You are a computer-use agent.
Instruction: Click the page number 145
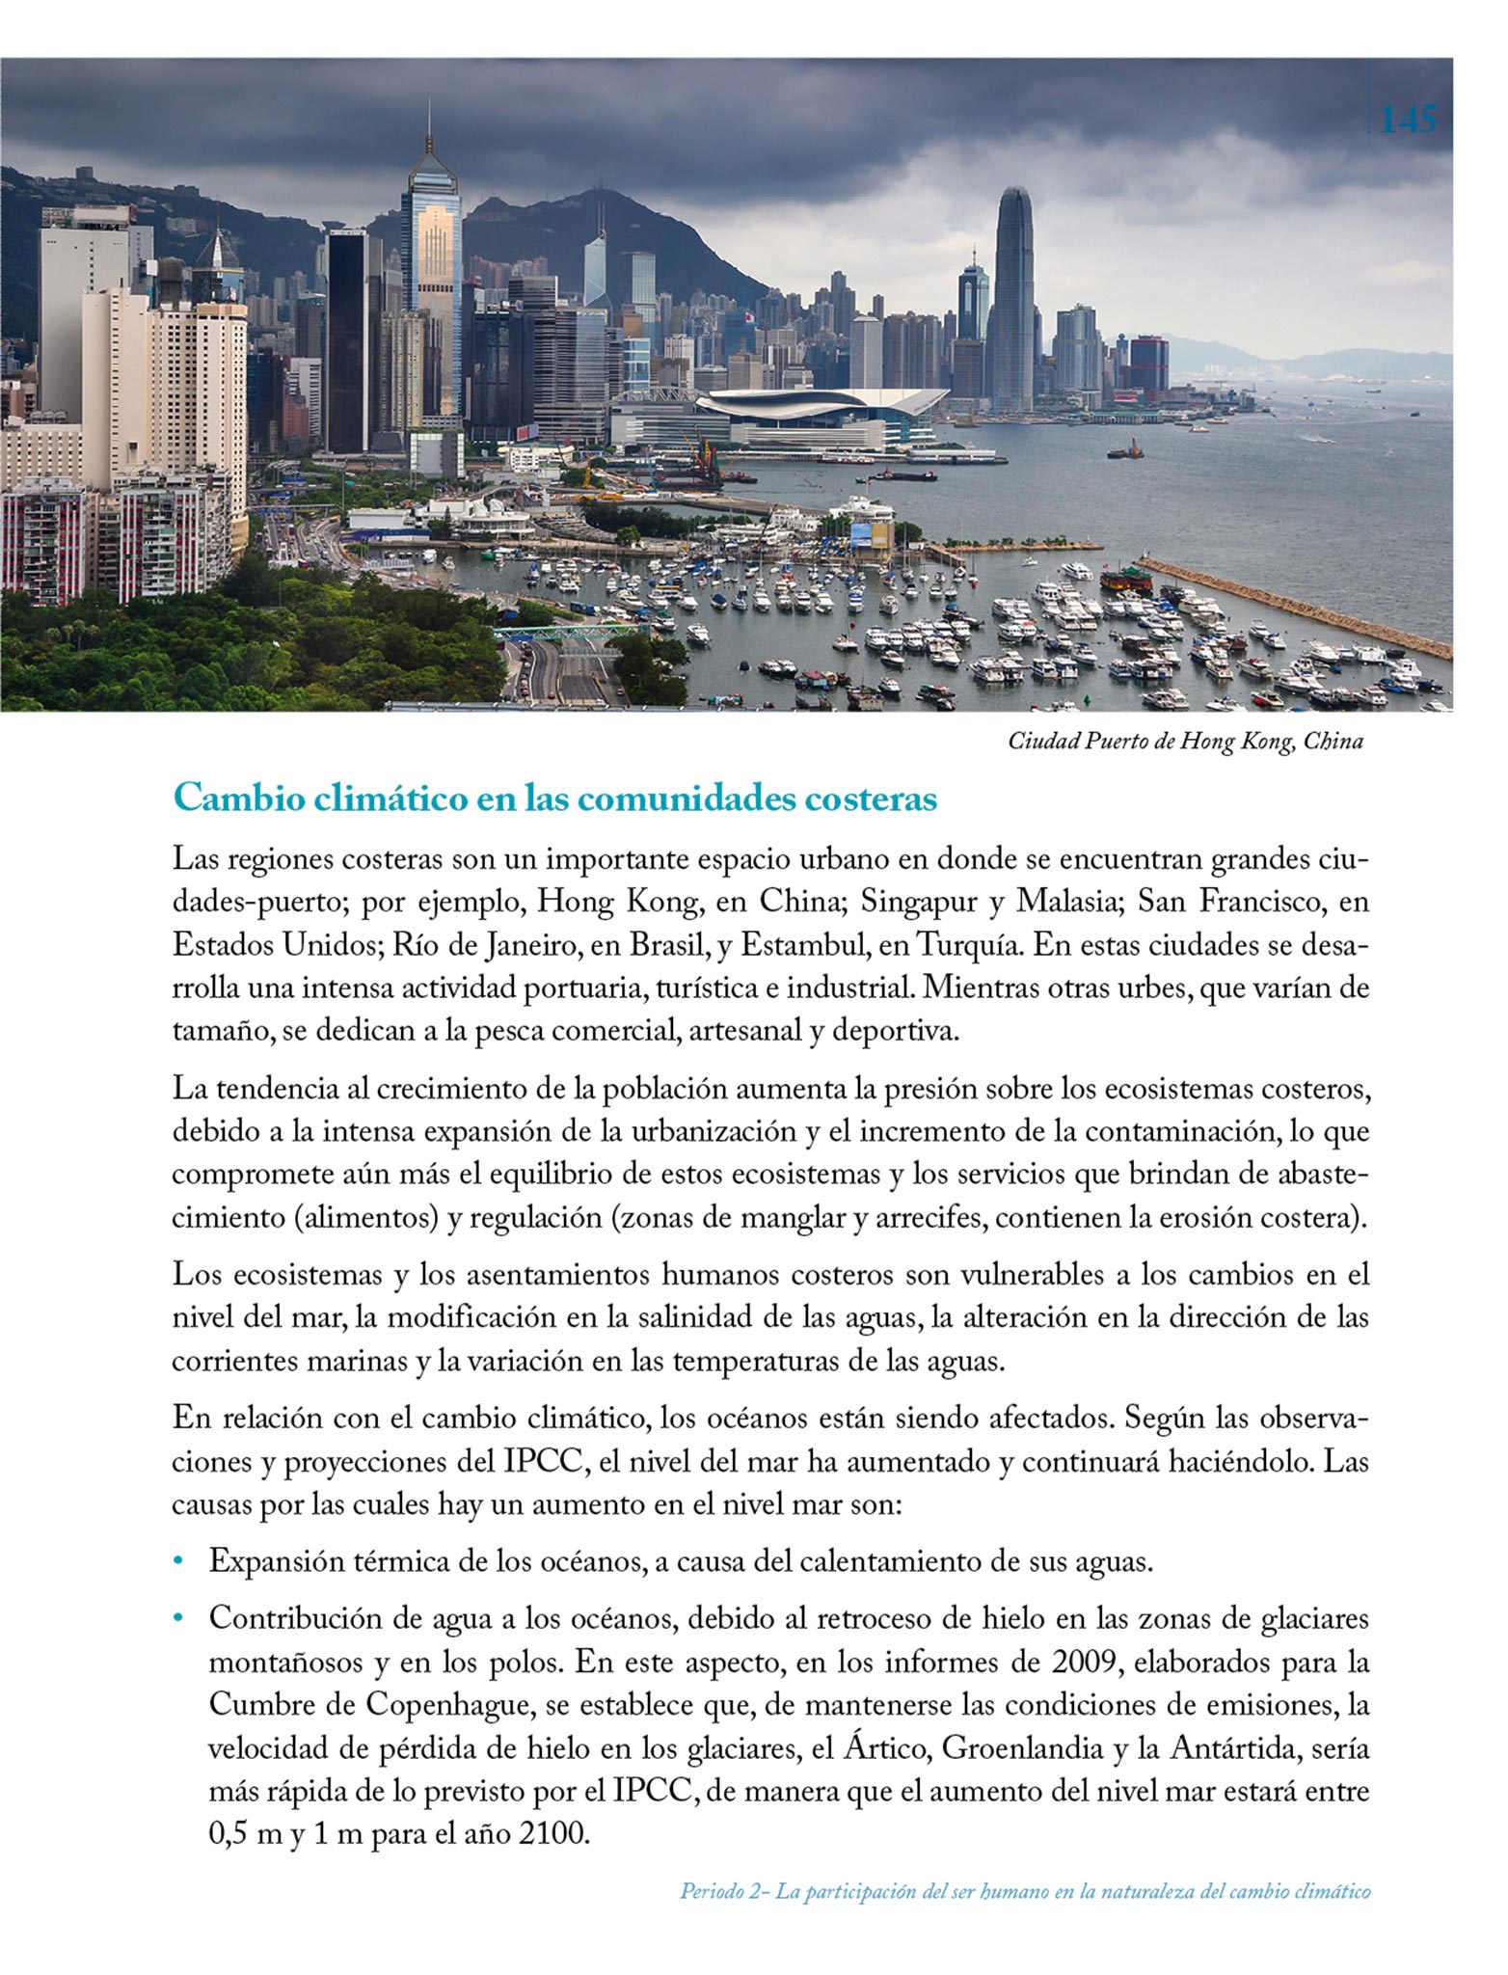pyautogui.click(x=1409, y=121)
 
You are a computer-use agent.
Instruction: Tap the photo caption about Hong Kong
pyautogui.click(x=1185, y=742)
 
